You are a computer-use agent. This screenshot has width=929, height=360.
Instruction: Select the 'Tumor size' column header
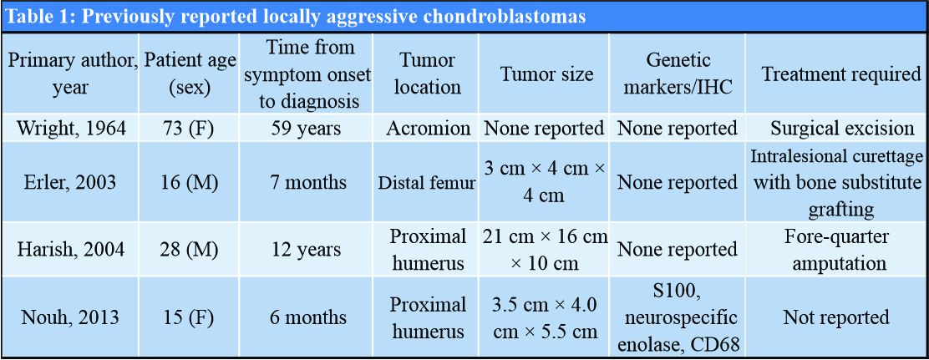click(546, 74)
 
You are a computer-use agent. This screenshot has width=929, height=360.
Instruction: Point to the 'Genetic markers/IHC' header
click(678, 74)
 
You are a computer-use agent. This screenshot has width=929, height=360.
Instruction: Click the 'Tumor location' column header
click(427, 74)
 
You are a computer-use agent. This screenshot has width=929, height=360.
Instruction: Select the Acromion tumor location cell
click(427, 128)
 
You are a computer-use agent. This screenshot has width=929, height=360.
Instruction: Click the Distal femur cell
click(427, 183)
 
